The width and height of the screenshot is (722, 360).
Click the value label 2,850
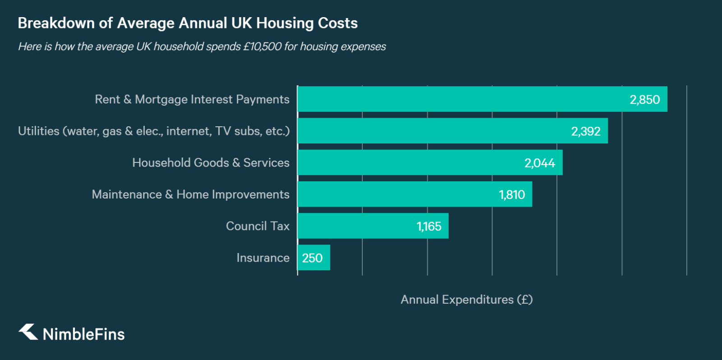click(x=644, y=100)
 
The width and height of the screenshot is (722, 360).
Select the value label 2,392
click(x=585, y=131)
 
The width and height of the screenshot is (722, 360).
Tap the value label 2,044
click(x=539, y=163)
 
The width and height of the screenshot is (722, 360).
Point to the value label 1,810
click(x=511, y=195)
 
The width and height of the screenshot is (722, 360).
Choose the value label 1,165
click(x=428, y=226)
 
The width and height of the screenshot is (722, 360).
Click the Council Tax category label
click(x=257, y=226)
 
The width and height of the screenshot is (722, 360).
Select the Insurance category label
click(x=263, y=258)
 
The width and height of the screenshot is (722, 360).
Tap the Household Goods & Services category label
click(x=211, y=163)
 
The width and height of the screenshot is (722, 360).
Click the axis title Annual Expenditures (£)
click(x=466, y=300)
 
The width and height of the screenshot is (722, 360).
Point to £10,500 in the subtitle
click(x=262, y=46)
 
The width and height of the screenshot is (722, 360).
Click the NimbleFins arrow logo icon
click(x=28, y=332)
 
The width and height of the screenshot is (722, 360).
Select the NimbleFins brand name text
click(x=83, y=334)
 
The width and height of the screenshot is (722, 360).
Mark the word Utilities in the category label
click(x=39, y=131)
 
